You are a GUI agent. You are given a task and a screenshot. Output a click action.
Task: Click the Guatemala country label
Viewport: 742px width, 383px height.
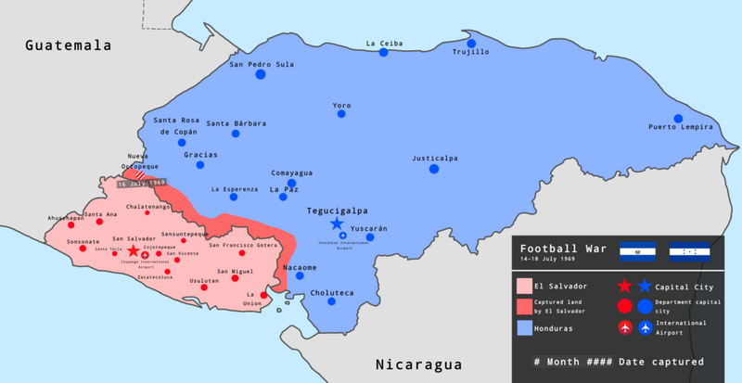point(68,45)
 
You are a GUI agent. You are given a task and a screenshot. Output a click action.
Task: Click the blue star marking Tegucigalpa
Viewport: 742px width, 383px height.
point(337,224)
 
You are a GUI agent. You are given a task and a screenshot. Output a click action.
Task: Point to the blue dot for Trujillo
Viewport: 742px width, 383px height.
point(472,43)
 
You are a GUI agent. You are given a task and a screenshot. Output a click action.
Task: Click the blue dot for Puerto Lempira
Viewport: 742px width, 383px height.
point(678,118)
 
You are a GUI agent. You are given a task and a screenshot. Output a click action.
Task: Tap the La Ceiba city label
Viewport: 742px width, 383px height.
point(383,43)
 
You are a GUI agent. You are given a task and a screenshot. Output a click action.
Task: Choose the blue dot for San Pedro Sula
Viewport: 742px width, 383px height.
point(261,75)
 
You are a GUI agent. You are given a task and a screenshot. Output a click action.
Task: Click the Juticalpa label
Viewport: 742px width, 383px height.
point(435,158)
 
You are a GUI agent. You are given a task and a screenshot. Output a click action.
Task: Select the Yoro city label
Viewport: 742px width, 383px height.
point(342,105)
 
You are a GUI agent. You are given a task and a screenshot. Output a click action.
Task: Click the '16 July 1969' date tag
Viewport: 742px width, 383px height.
point(142,184)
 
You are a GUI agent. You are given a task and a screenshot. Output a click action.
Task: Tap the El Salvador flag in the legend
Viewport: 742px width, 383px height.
point(638,250)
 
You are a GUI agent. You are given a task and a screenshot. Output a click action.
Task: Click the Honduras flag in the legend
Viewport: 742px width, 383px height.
point(689,250)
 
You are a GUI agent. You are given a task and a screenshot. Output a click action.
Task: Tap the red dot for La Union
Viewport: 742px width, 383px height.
point(263,295)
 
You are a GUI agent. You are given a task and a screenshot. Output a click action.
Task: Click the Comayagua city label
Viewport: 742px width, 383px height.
point(291,172)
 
